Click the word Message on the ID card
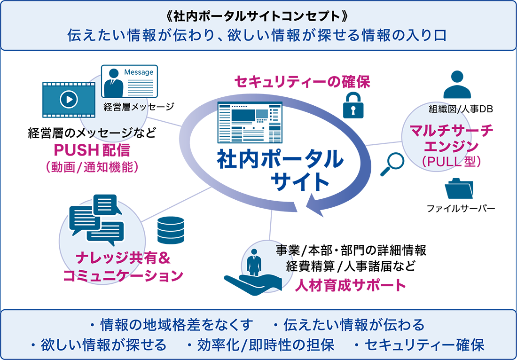(138, 72)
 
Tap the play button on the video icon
(69, 99)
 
